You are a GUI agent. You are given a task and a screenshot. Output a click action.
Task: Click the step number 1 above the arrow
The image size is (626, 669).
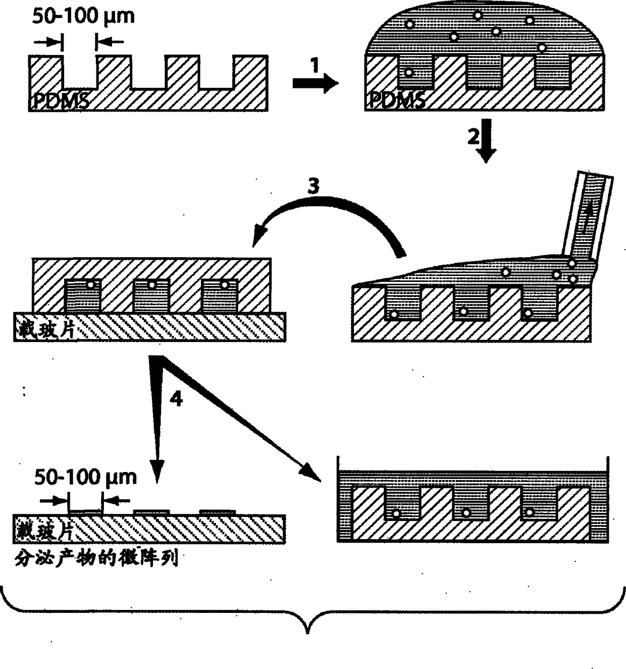point(315,65)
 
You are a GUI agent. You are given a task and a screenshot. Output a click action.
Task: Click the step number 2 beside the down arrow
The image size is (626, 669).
point(473,136)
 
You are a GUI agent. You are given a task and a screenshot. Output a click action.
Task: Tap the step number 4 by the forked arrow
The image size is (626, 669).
point(176,399)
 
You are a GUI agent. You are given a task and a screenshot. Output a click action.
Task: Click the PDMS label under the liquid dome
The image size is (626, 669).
point(397,101)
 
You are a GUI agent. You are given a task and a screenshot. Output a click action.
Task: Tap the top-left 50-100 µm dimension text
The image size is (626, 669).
point(84,16)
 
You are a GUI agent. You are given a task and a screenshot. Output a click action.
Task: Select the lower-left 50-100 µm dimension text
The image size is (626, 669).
point(86,477)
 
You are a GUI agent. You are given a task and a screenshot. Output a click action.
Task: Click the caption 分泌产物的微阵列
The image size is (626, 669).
point(96,558)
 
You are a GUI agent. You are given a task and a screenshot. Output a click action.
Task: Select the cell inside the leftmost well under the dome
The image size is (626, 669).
point(409,73)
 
